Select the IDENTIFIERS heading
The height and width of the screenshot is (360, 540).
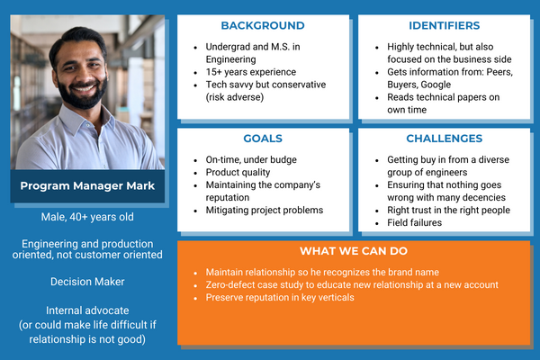444,25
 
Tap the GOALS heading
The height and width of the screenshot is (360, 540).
262,139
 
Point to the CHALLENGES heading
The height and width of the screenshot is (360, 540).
444,139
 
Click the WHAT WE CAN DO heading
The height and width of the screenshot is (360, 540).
355,250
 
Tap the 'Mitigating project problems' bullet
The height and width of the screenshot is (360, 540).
262,211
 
